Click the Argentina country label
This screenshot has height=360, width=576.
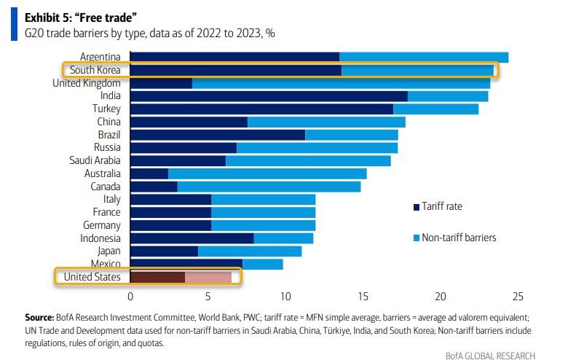(x=100, y=57)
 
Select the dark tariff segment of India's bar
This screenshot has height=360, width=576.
(x=268, y=96)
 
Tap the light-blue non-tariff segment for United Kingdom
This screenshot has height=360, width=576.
(x=341, y=83)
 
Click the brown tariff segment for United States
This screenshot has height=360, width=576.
(x=157, y=277)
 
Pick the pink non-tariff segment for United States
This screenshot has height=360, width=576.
(x=208, y=277)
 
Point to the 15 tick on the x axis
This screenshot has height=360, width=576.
(x=363, y=297)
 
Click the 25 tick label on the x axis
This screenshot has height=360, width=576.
(x=518, y=297)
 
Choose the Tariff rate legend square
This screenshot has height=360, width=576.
(x=415, y=207)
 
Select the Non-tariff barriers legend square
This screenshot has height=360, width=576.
(x=415, y=238)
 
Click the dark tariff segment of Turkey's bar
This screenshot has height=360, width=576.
(x=261, y=109)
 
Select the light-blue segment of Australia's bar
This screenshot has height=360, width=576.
(x=267, y=173)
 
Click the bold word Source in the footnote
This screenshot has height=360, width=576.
(x=40, y=318)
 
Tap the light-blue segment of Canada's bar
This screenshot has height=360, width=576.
(x=269, y=187)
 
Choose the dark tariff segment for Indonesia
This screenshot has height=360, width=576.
(x=192, y=238)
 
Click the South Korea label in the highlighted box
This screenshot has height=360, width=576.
(x=95, y=70)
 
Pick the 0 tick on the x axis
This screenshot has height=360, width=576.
(x=130, y=297)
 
